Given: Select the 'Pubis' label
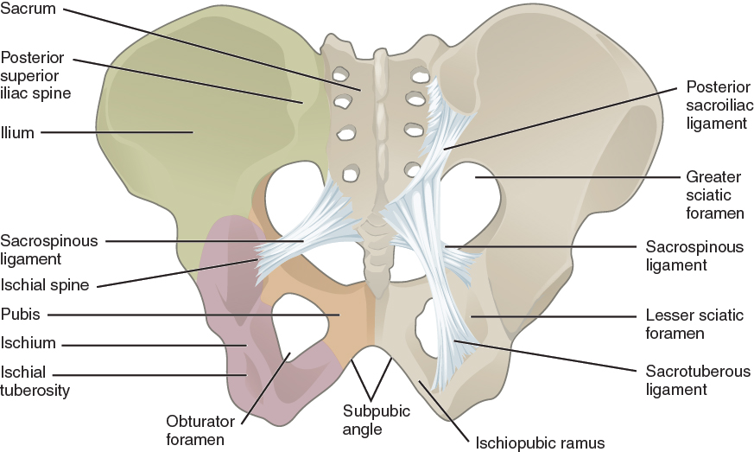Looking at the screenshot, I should coord(20,315).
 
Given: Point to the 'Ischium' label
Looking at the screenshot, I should coord(28,343).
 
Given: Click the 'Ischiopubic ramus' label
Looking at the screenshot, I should coord(540,443).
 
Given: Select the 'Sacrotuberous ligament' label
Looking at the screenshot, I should coord(698,380).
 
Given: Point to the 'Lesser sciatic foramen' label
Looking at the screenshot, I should coord(694,324).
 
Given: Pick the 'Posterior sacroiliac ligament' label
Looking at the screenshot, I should coord(716,105).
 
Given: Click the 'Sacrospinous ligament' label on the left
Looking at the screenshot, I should coord(49,248).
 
